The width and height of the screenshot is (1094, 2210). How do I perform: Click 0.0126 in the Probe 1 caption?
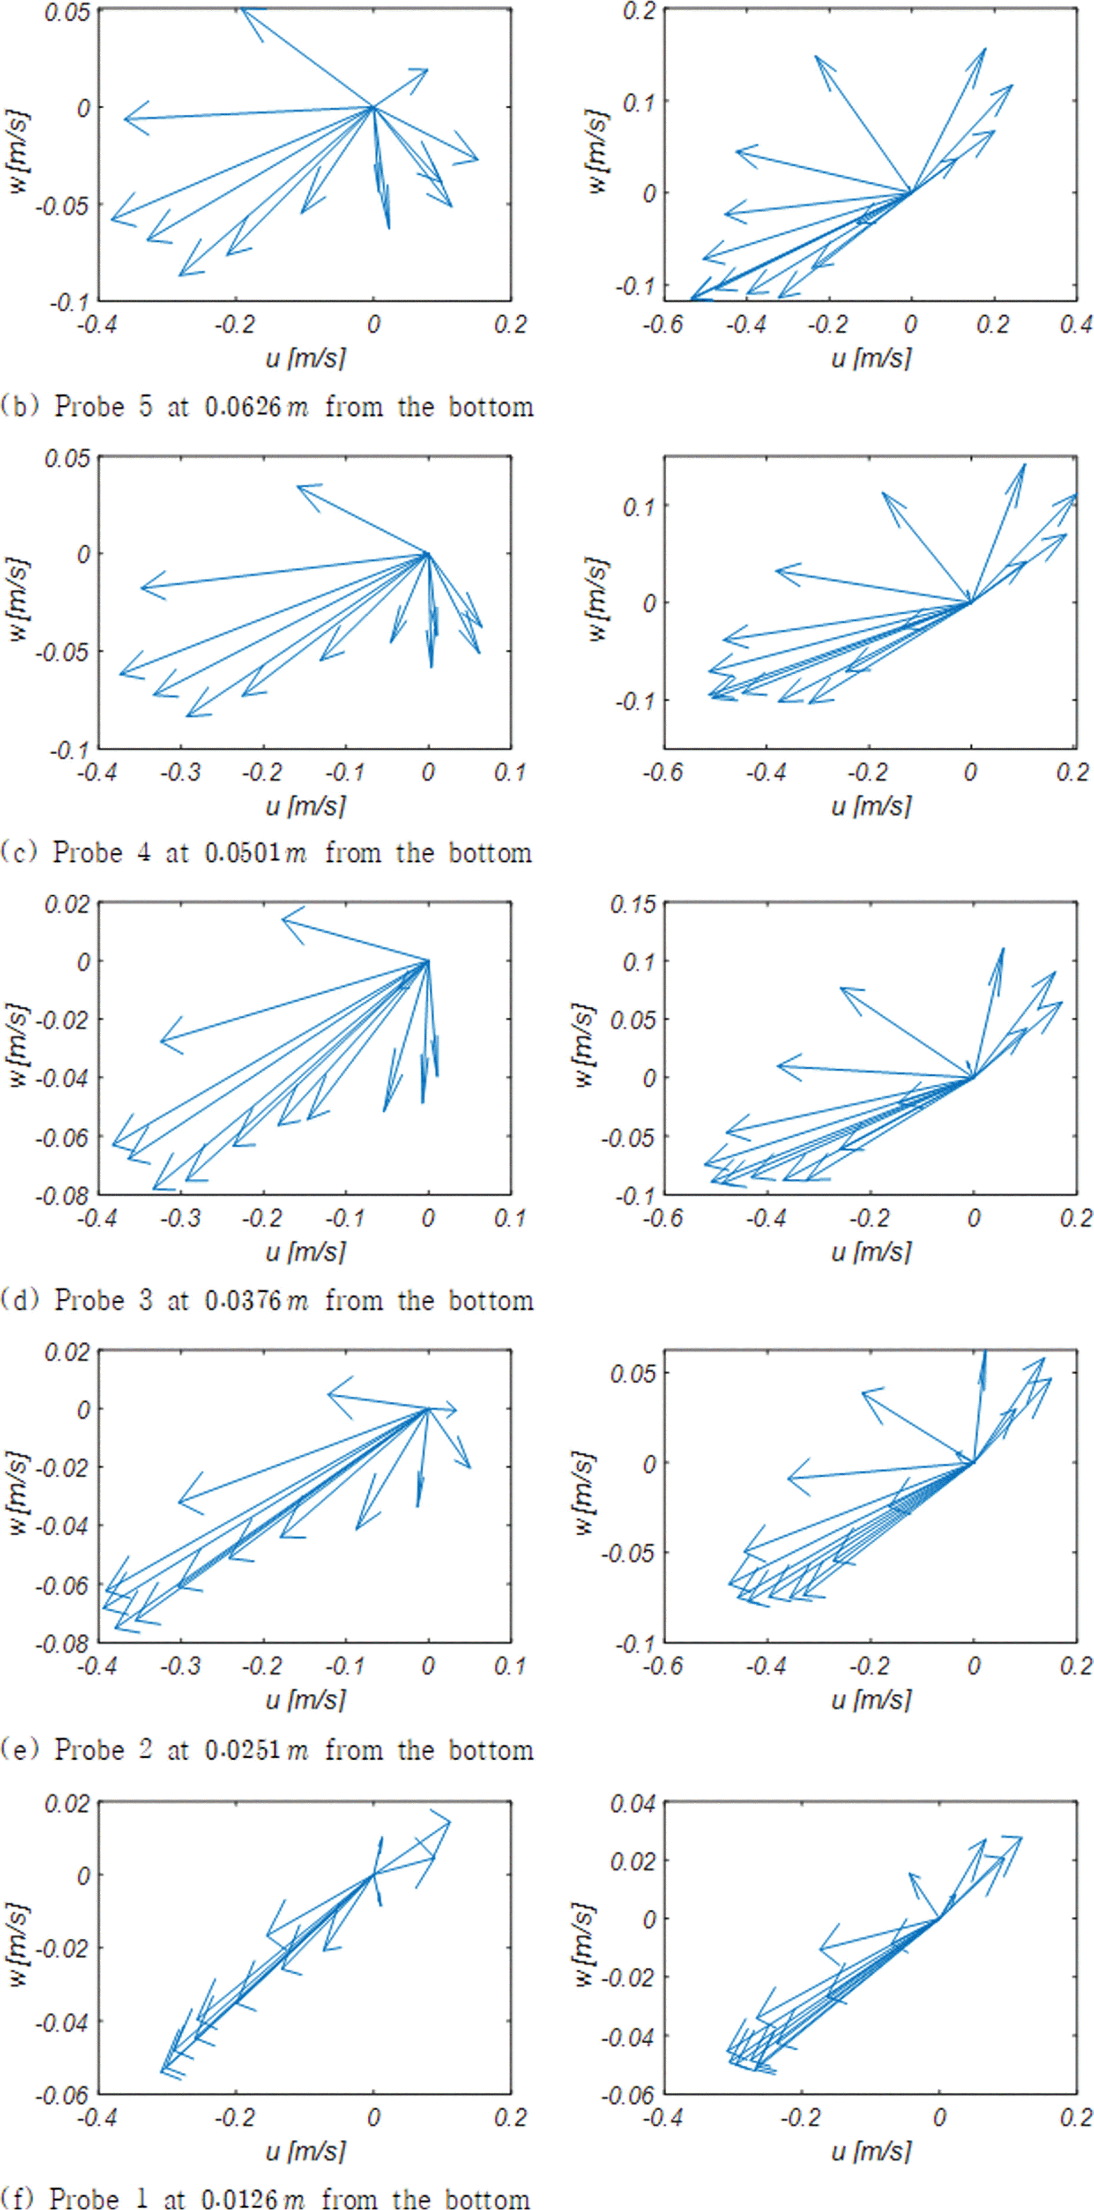pyautogui.click(x=240, y=2198)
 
